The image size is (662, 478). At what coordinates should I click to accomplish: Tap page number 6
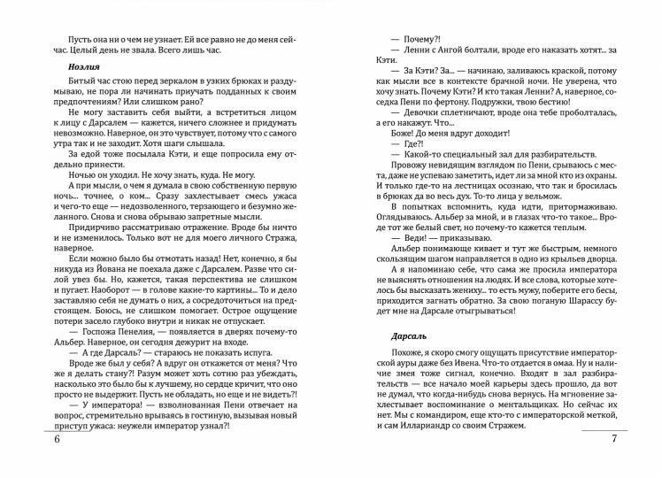point(56,443)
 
